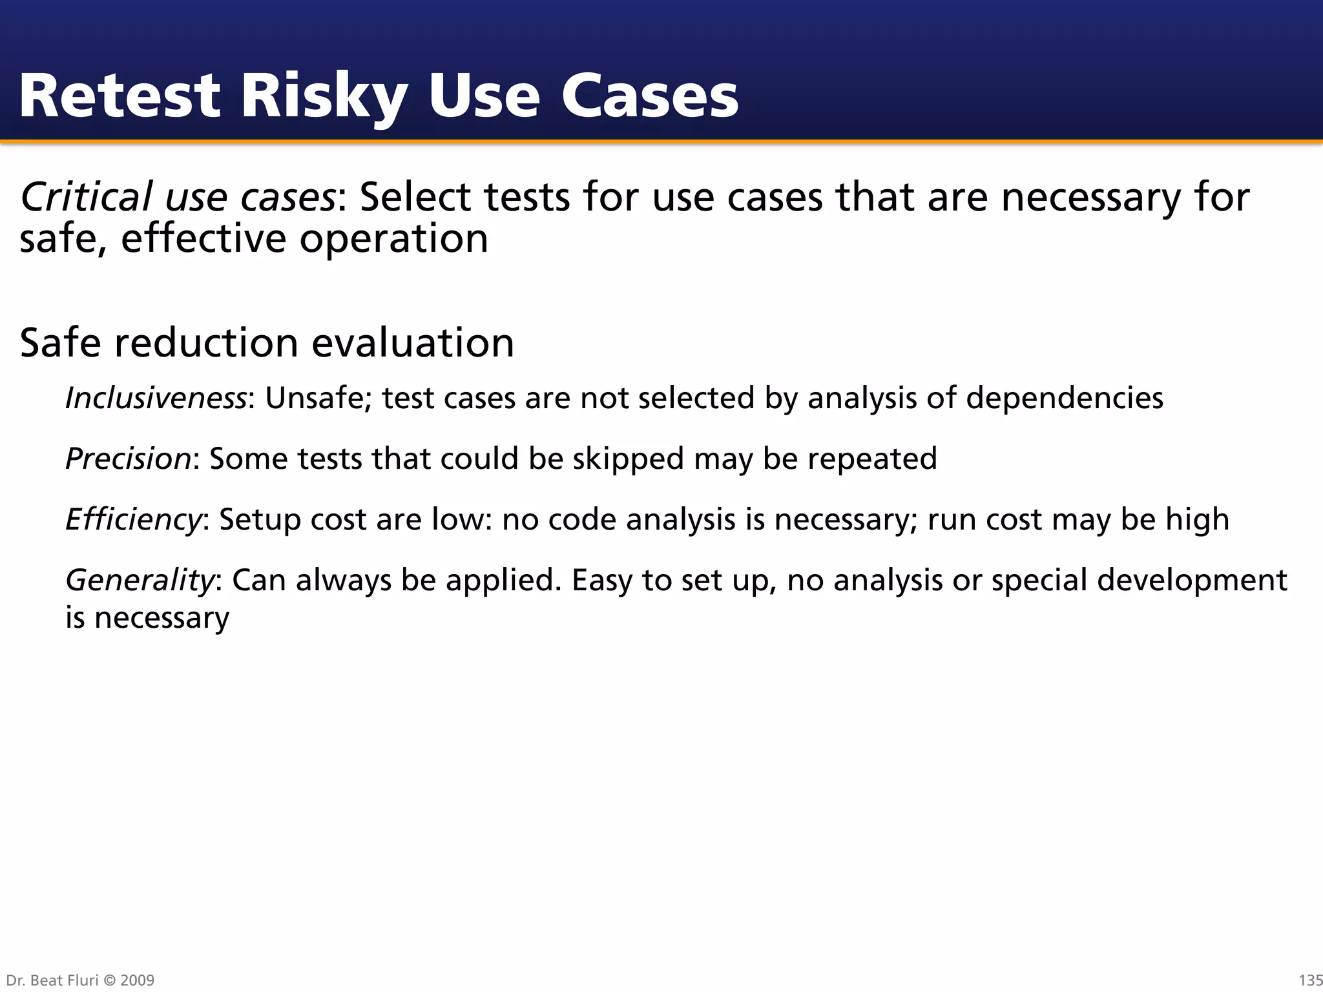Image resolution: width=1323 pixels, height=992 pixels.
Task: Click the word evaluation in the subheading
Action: (x=413, y=342)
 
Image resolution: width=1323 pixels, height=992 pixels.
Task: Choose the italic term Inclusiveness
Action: (x=156, y=398)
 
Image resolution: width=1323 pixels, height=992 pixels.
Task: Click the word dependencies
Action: (x=1064, y=398)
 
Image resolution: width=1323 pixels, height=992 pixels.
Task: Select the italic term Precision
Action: (x=129, y=459)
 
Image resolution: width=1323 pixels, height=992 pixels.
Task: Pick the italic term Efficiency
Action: (x=134, y=519)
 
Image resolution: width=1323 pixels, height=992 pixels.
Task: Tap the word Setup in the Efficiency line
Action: (x=260, y=519)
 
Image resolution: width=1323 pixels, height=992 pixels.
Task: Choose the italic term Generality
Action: (x=140, y=580)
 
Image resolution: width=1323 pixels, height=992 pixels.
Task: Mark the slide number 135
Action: (x=1309, y=980)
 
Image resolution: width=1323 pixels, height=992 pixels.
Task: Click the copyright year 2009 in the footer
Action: (x=137, y=980)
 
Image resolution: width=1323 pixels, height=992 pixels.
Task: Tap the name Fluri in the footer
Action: (x=81, y=980)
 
